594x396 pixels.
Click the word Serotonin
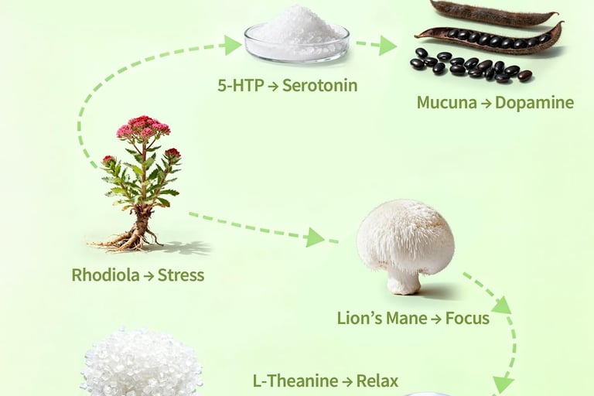tap(319, 85)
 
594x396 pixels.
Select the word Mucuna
tap(444, 102)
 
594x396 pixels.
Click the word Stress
tap(181, 275)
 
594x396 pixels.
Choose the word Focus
tap(467, 318)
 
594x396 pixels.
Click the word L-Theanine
tap(295, 381)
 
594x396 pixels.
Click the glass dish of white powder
tap(296, 35)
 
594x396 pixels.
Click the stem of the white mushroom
tap(403, 280)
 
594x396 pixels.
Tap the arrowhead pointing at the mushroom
tap(314, 237)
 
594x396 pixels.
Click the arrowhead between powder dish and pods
tap(388, 46)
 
